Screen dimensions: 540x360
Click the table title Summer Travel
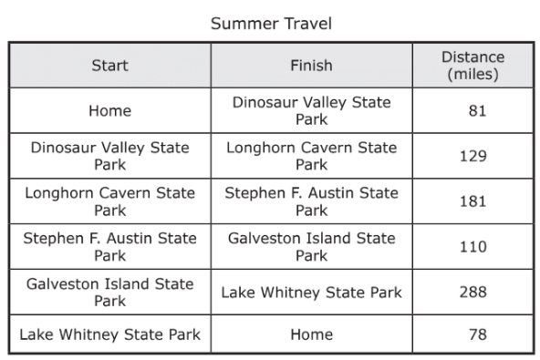point(271,24)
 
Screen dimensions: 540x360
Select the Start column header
point(109,66)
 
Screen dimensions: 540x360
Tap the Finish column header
point(311,66)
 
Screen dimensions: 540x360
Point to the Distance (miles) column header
point(472,66)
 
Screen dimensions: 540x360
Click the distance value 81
point(477,111)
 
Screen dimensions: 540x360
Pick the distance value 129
point(473,156)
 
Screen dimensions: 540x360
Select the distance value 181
point(473,201)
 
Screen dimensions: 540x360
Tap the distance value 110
point(473,247)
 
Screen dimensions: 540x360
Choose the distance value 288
point(473,292)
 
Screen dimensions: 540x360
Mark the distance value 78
point(478,334)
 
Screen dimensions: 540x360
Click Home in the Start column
point(109,111)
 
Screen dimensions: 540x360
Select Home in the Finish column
point(311,334)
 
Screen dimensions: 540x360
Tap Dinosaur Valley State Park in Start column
point(109,156)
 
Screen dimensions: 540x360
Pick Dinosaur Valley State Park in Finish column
point(311,111)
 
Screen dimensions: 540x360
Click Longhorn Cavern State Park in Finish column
point(311,156)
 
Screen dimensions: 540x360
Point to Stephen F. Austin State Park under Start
point(109,247)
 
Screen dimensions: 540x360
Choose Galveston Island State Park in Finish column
point(311,247)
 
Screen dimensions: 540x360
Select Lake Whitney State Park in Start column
point(109,334)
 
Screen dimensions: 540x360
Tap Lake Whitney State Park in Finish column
point(311,293)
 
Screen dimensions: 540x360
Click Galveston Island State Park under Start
point(109,293)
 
